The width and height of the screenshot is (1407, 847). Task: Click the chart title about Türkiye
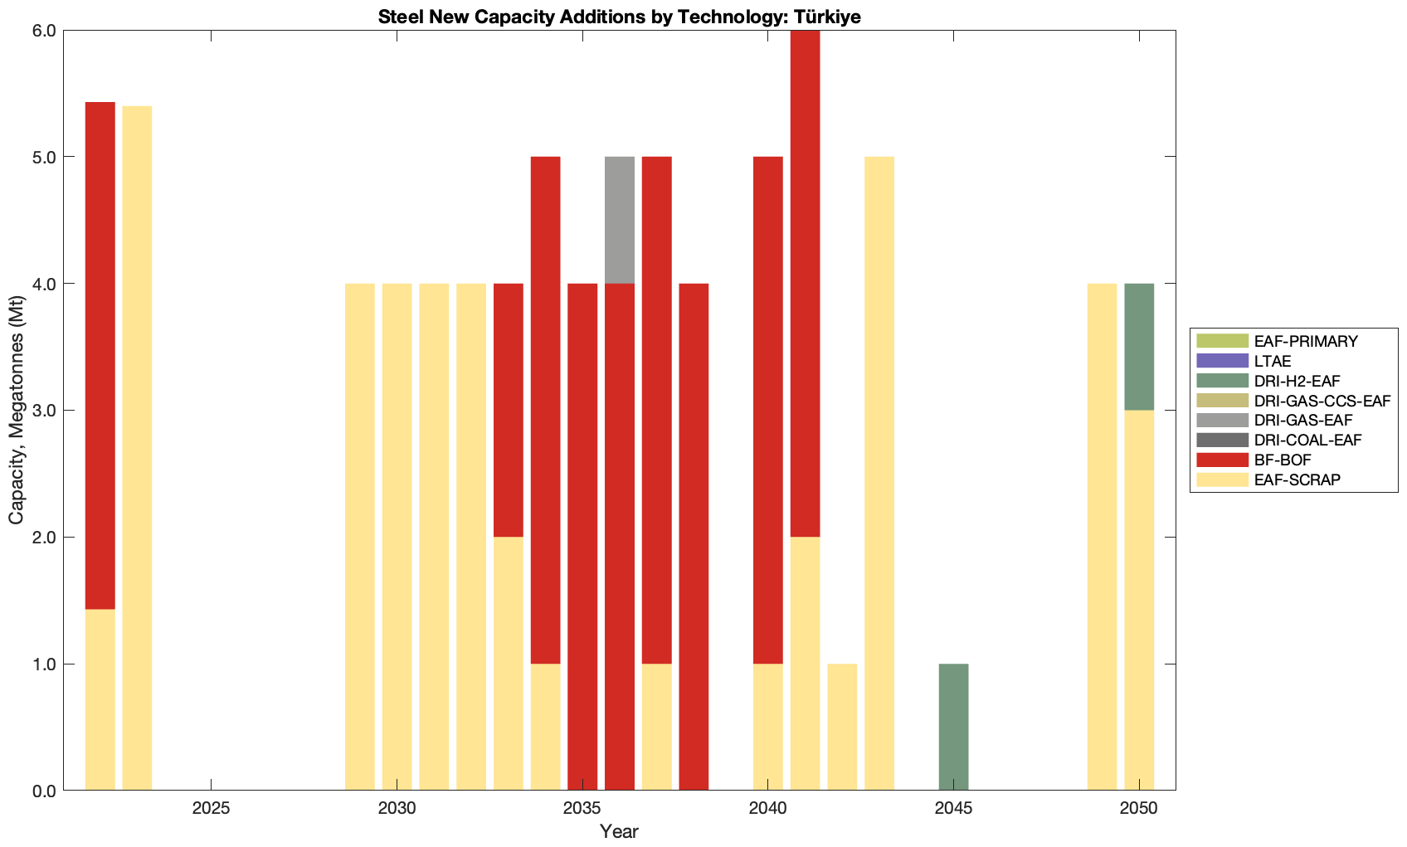point(619,17)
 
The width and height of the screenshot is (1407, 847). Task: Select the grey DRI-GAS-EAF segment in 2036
point(620,220)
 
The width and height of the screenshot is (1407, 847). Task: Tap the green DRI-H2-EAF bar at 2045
point(953,727)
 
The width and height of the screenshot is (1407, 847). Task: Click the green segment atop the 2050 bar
point(1139,347)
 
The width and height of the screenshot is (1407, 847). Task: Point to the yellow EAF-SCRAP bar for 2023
point(137,448)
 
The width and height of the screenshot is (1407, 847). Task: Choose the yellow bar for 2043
point(879,473)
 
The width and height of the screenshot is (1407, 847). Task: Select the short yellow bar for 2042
point(842,727)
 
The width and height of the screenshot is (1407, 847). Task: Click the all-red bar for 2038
point(694,537)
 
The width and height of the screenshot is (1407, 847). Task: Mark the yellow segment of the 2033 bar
point(509,664)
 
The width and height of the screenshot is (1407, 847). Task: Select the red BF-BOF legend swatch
point(1222,460)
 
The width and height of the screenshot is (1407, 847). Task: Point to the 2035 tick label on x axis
point(582,809)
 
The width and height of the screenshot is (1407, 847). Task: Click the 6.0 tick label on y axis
point(43,31)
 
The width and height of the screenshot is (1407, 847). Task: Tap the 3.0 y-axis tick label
point(43,411)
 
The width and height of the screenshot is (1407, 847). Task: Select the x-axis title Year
point(619,831)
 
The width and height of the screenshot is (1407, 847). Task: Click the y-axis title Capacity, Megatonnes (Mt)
point(17,411)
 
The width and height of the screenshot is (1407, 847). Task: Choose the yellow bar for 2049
point(1102,537)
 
